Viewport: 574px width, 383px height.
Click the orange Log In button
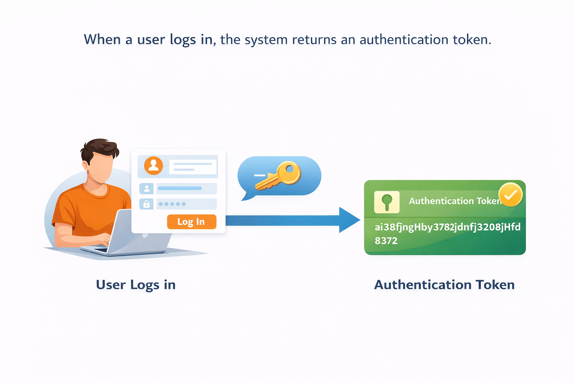point(191,222)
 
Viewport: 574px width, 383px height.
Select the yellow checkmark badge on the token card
point(510,194)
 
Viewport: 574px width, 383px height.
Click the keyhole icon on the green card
point(387,202)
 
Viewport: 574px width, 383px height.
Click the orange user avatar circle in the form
point(154,166)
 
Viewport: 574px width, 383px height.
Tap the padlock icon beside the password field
point(146,204)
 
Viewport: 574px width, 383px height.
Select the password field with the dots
point(186,204)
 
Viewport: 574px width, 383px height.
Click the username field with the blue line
point(186,188)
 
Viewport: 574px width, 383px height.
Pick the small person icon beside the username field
point(146,189)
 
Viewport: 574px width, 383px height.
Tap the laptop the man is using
point(123,236)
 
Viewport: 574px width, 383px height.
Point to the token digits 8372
point(386,241)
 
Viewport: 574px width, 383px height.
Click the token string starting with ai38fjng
point(447,227)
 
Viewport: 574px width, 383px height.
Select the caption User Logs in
point(136,285)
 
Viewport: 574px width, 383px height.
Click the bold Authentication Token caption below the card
point(444,285)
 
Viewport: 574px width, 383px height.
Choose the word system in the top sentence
point(266,40)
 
